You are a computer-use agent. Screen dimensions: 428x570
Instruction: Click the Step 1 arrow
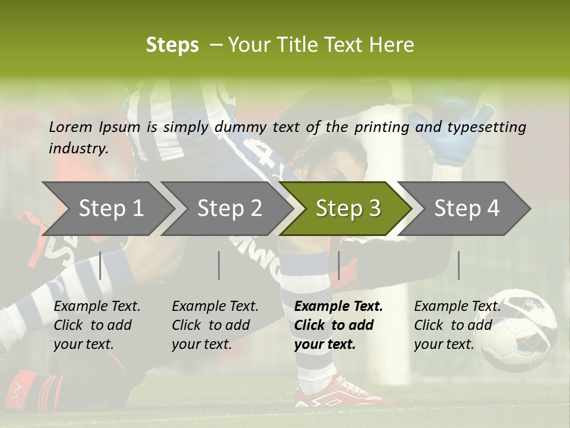click(x=110, y=209)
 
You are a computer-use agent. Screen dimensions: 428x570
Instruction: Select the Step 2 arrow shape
click(x=229, y=209)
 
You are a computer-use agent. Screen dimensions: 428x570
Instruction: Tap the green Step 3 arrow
click(x=347, y=209)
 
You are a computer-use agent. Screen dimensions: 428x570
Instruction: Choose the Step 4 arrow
click(x=466, y=209)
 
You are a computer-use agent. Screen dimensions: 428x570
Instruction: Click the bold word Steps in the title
click(x=172, y=45)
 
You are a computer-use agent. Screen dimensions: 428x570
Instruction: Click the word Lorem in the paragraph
click(x=70, y=127)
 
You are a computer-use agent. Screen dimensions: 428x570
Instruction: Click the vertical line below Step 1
click(x=100, y=265)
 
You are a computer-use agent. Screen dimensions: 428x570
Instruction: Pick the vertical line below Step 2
click(x=219, y=265)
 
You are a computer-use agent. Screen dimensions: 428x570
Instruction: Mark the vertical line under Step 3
click(x=338, y=265)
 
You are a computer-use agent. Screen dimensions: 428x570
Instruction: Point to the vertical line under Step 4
click(x=458, y=265)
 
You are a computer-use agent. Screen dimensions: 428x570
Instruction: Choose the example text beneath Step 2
click(x=214, y=325)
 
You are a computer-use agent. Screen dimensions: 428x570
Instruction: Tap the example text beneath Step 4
click(x=457, y=325)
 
